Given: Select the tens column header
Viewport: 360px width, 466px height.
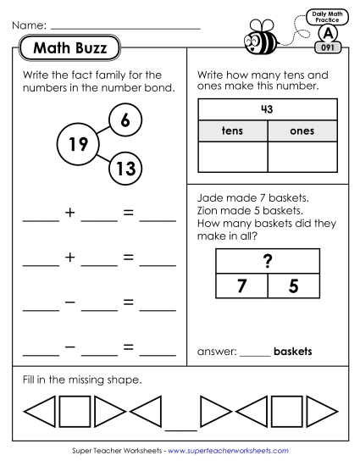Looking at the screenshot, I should pyautogui.click(x=232, y=131).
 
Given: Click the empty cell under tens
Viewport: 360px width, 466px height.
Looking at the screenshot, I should pyautogui.click(x=232, y=158).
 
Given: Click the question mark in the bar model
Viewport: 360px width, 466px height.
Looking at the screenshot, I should pyautogui.click(x=268, y=263).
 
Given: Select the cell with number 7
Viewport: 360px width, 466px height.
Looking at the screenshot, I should pyautogui.click(x=241, y=286).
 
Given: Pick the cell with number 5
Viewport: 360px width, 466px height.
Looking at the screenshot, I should pyautogui.click(x=293, y=286).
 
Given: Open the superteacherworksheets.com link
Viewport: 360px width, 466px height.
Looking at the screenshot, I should pyautogui.click(x=228, y=452).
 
